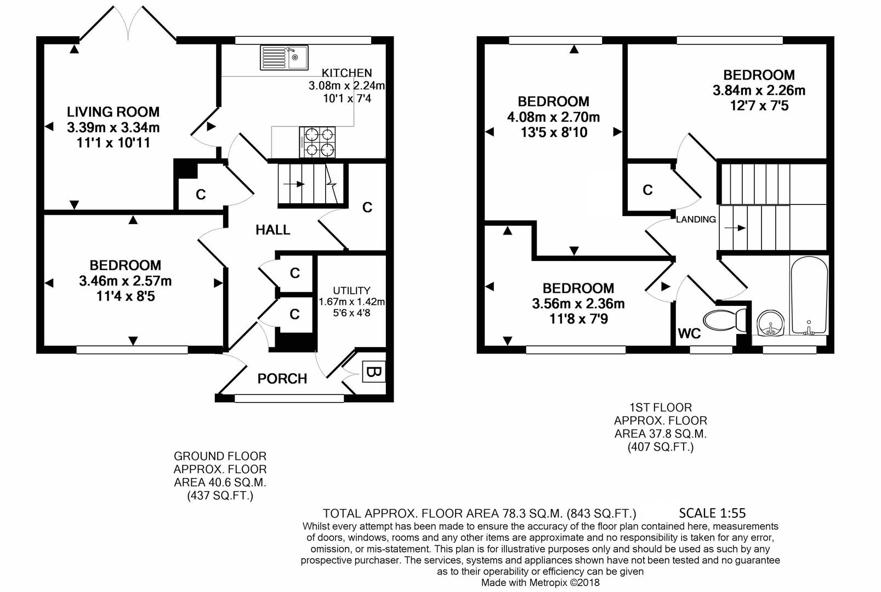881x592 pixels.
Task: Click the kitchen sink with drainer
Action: tap(284, 58)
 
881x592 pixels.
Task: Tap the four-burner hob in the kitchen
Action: tap(317, 143)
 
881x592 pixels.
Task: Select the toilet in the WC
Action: tap(724, 320)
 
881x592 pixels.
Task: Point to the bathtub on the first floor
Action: tap(809, 296)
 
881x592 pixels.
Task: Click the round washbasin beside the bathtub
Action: tap(770, 323)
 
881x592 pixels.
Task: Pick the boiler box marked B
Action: tap(373, 371)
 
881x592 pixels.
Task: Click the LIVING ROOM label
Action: tap(113, 112)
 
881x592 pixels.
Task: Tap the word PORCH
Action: tap(282, 378)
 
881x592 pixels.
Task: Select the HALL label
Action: tap(273, 230)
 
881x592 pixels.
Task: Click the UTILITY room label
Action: tap(351, 291)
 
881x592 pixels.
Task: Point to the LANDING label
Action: tap(696, 219)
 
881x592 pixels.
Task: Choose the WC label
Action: tap(689, 334)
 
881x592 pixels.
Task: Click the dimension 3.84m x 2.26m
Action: tap(759, 90)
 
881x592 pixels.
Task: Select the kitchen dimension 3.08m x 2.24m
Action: tap(346, 86)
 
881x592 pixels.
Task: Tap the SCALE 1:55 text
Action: tap(712, 513)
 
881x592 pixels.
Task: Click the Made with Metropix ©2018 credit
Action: tap(540, 582)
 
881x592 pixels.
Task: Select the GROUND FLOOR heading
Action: tap(220, 456)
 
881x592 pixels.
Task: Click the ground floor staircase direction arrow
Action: tap(297, 184)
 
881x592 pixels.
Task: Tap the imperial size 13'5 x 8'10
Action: tap(554, 133)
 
